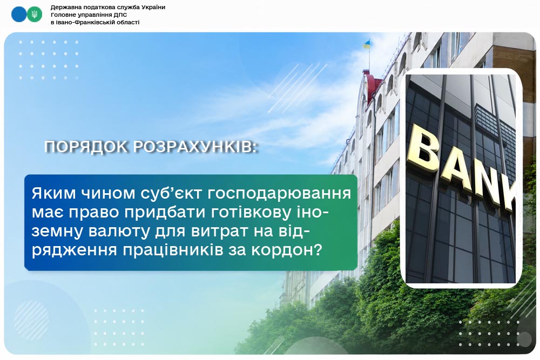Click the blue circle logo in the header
pos(19,15)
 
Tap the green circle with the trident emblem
pos(34,15)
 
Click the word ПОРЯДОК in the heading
pos(86,147)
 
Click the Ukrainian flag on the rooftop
pos(367,44)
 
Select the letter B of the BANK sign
pos(423,149)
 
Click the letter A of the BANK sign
pos(456,168)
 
